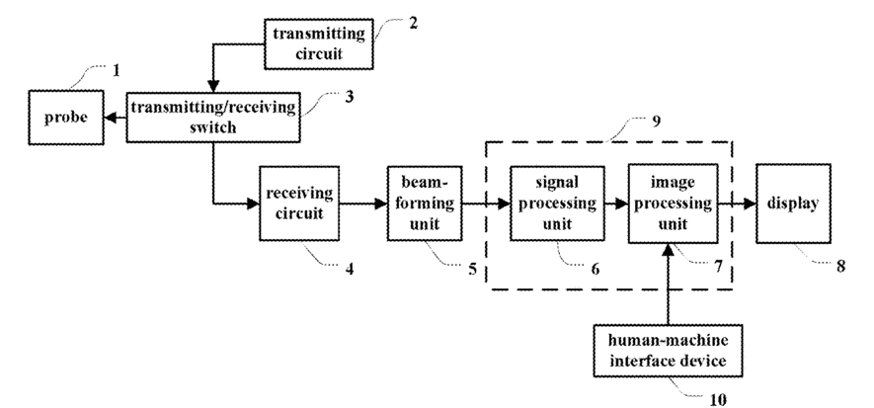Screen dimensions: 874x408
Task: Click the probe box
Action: click(x=66, y=118)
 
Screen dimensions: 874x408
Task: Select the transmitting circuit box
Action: click(x=318, y=43)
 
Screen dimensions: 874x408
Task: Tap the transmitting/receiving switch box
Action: click(x=213, y=117)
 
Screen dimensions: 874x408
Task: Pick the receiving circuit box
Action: click(x=299, y=204)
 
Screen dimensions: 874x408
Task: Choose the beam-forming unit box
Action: click(x=425, y=204)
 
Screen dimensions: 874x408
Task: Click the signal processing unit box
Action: click(x=557, y=203)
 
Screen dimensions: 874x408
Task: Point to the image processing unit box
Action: click(x=673, y=204)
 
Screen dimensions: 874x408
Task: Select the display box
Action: click(x=793, y=204)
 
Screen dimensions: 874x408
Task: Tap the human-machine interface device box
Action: click(x=668, y=351)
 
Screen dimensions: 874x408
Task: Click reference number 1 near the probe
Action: click(x=116, y=71)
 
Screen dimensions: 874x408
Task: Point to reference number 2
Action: click(x=413, y=24)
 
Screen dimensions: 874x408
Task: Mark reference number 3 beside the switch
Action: click(x=349, y=97)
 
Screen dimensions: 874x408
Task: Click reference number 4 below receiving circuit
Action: click(x=350, y=270)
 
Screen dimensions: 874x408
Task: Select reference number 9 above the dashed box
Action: click(x=656, y=122)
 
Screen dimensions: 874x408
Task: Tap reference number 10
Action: click(x=719, y=399)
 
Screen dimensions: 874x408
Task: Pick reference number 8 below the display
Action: click(x=840, y=267)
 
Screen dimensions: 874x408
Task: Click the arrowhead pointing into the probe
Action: click(x=110, y=118)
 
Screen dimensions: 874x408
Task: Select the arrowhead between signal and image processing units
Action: click(x=621, y=204)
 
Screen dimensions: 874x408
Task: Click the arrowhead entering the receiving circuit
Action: click(x=253, y=204)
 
